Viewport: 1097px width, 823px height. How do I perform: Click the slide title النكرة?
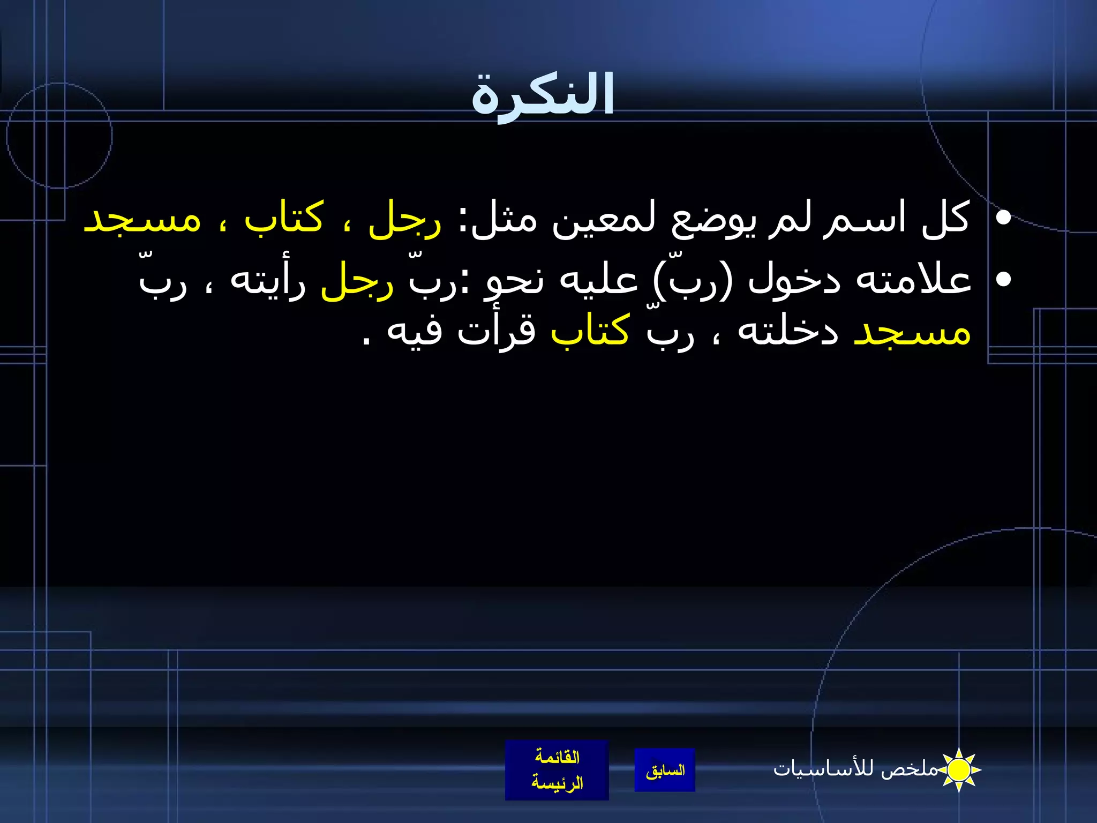coord(542,95)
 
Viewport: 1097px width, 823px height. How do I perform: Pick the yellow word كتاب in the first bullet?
coord(284,219)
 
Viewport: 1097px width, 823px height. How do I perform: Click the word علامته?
coord(913,280)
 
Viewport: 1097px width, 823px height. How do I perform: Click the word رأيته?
coord(268,280)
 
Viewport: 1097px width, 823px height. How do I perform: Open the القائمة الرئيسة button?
coord(557,770)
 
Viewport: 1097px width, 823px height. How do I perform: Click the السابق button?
coord(665,770)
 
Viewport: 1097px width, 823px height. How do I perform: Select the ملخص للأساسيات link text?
coord(856,769)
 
